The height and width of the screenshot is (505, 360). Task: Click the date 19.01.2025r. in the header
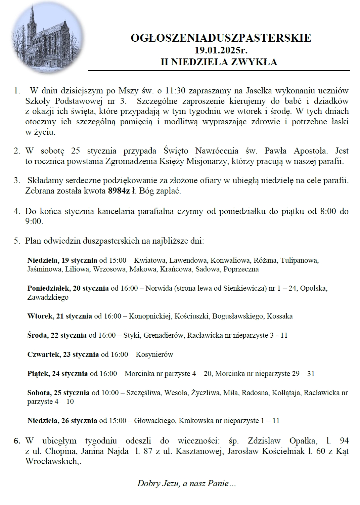coord(221,50)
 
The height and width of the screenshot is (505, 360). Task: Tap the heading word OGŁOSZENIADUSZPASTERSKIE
coord(221,38)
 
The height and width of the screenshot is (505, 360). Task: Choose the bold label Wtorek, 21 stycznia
coord(60,316)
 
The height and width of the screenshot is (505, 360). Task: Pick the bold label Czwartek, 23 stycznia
coord(63,354)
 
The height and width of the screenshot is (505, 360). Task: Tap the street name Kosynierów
coord(154,354)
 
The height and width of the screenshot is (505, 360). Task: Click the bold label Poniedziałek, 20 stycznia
coord(68,288)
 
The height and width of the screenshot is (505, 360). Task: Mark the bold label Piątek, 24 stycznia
coord(57,373)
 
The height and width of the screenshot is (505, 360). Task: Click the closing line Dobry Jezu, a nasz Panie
coord(186,484)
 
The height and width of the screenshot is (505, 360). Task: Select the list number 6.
coord(17,440)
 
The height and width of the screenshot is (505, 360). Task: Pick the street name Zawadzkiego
coord(48,297)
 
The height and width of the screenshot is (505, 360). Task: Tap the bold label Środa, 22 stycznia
coord(57,335)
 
